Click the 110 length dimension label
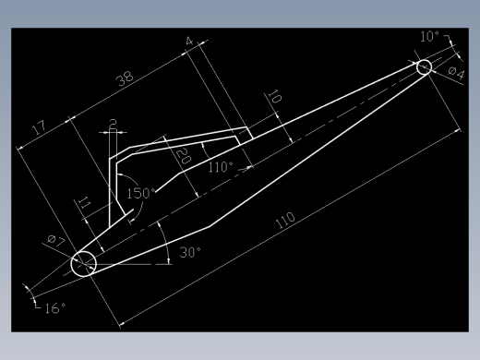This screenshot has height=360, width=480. click(x=285, y=221)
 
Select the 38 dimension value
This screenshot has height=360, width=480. click(x=125, y=78)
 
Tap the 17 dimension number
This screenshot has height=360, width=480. click(x=40, y=127)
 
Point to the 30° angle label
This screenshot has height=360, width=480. click(x=190, y=253)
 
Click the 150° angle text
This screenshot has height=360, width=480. click(x=141, y=194)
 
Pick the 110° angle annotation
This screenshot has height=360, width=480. click(x=221, y=167)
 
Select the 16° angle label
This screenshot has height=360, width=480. click(x=55, y=308)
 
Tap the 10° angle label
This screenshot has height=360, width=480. click(x=429, y=37)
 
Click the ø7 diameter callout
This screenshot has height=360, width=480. click(x=56, y=241)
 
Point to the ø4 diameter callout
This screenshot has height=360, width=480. click(x=456, y=73)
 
